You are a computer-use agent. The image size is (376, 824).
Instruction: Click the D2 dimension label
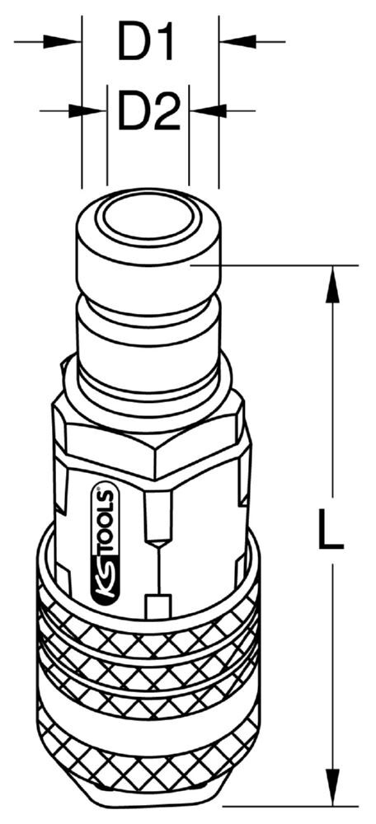click(x=148, y=110)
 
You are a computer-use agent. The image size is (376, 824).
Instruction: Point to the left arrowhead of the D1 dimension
click(x=63, y=41)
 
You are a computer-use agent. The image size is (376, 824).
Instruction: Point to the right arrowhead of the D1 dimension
click(x=237, y=41)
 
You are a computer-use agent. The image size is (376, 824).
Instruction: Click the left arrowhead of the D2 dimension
click(x=88, y=111)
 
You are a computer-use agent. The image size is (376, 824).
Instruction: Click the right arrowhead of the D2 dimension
click(x=208, y=111)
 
